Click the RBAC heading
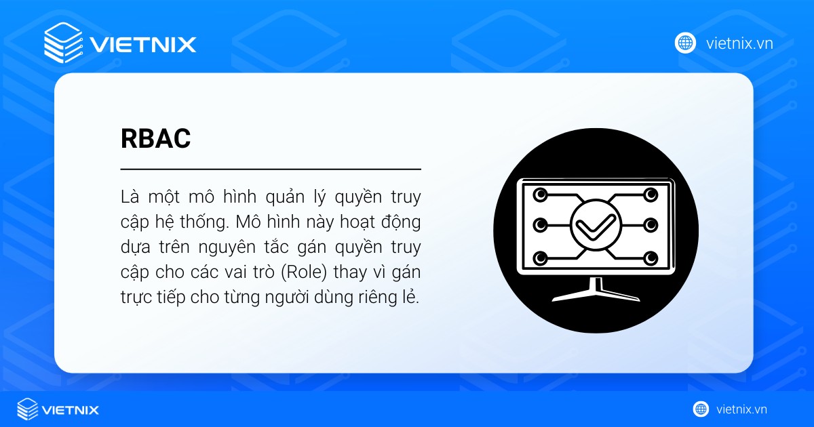[155, 138]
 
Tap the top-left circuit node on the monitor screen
[541, 195]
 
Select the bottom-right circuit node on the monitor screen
[651, 258]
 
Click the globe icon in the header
[685, 43]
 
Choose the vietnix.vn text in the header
[739, 44]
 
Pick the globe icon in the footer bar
[701, 409]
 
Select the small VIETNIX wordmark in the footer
[71, 410]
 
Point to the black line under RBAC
[271, 169]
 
